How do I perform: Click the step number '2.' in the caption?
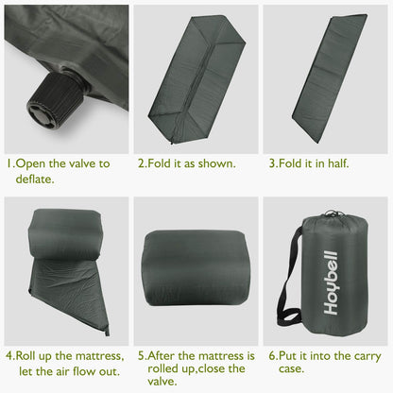point(143,163)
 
